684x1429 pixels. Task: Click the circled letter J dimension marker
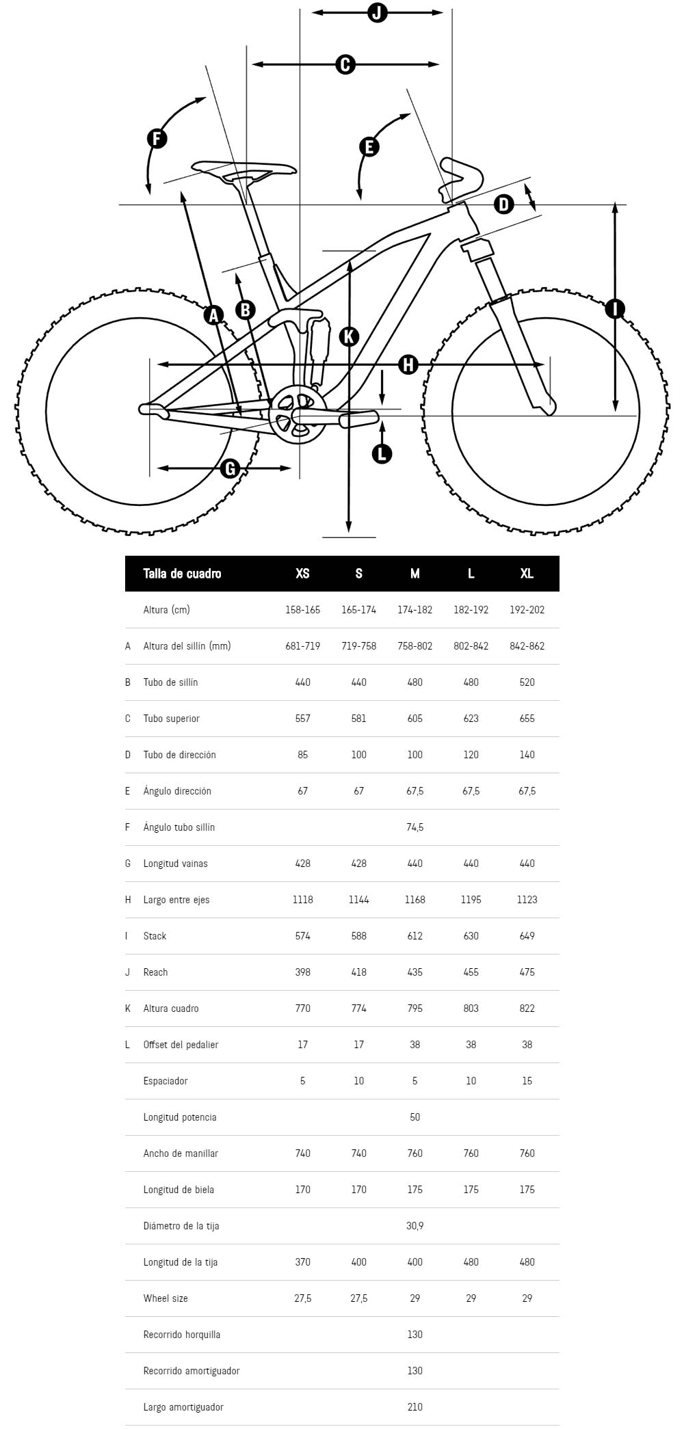pos(377,12)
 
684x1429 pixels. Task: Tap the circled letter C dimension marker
pos(345,64)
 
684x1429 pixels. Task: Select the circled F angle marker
pos(157,139)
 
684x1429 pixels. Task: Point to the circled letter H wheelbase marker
pos(408,364)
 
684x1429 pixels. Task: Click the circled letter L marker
pos(382,453)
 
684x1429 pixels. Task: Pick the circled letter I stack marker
pos(615,309)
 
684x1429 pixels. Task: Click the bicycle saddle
pos(244,170)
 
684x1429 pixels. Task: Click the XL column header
pos(527,574)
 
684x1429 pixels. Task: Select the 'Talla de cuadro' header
pos(182,574)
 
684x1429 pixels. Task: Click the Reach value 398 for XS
pos(302,972)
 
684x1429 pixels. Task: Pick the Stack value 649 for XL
pos(527,936)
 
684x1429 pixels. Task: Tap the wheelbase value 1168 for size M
pos(415,900)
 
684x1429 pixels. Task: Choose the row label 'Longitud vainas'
pos(175,864)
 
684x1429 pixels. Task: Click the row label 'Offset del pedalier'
pos(181,1045)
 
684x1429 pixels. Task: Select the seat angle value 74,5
pos(415,827)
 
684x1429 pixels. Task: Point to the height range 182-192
pos(471,610)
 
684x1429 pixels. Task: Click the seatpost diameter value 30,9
pos(415,1226)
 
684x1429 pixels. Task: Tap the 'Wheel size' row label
pos(166,1298)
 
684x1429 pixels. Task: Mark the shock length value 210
pos(415,1407)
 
